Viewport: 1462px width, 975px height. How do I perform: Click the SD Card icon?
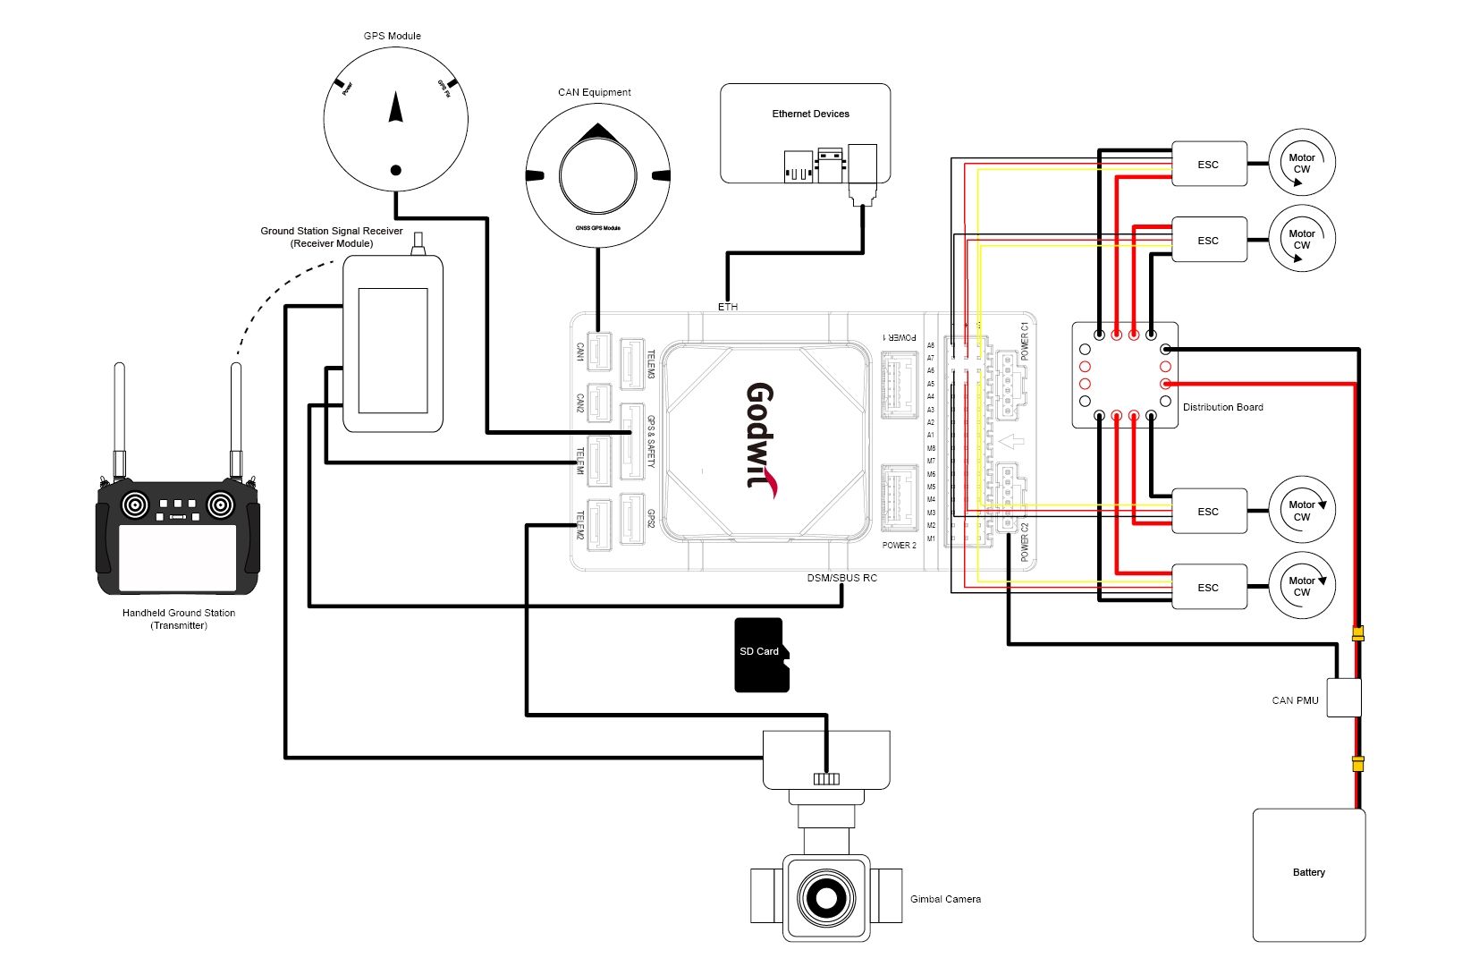(x=761, y=654)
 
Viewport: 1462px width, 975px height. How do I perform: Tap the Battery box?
(x=1308, y=874)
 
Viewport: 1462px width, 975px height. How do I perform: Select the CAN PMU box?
(x=1343, y=698)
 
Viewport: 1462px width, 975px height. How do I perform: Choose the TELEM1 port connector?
(x=598, y=461)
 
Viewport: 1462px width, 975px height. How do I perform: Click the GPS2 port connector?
(x=632, y=519)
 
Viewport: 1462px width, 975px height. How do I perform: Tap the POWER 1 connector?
(x=899, y=385)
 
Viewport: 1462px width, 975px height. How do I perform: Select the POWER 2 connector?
(x=899, y=497)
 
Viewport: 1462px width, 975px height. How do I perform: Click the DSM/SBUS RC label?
(x=841, y=578)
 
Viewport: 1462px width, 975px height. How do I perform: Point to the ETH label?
(x=728, y=307)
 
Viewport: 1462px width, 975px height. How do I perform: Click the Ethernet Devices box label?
(x=810, y=114)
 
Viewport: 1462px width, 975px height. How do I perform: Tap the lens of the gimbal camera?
(x=825, y=896)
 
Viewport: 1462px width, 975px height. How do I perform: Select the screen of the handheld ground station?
(x=177, y=557)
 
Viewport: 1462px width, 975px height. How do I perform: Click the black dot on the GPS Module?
(x=395, y=170)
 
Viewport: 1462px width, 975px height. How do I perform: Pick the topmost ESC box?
(x=1208, y=164)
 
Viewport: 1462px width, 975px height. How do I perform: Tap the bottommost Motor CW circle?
(x=1302, y=586)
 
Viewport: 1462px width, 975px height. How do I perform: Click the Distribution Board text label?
(x=1222, y=407)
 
